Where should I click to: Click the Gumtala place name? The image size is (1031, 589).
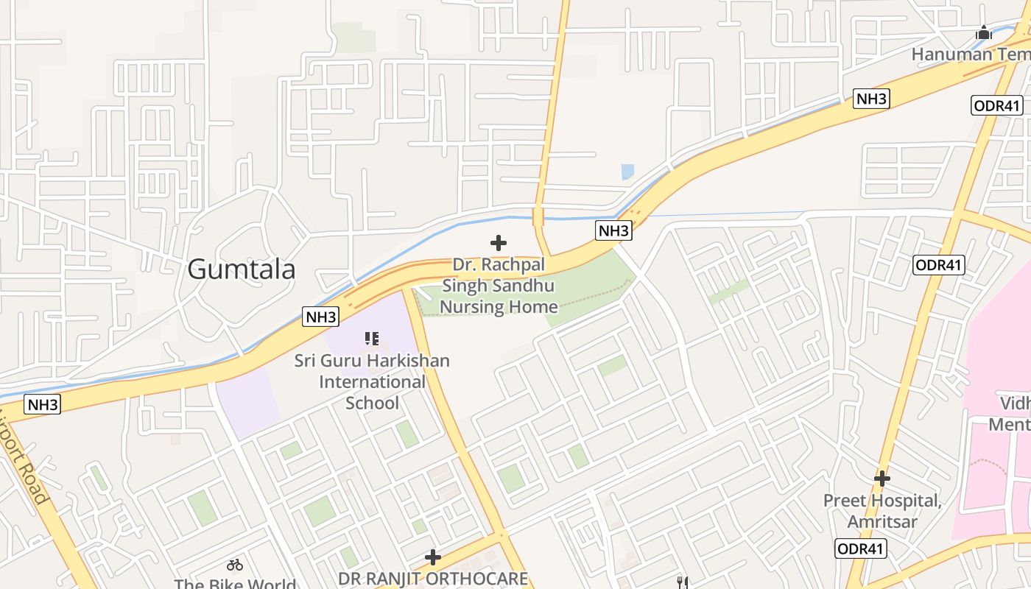point(241,269)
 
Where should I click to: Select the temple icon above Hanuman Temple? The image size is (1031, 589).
point(983,32)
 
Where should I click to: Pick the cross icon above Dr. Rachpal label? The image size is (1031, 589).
point(499,242)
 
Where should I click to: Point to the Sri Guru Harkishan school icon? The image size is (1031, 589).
point(372,339)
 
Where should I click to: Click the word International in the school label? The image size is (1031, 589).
point(372,382)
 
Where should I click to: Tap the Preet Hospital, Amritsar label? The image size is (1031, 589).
point(882,511)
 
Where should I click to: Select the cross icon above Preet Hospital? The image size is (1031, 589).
point(882,479)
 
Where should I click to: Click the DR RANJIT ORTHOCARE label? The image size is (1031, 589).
point(433,578)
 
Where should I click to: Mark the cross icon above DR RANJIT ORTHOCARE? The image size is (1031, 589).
point(433,557)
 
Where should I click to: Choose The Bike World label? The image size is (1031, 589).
point(235,584)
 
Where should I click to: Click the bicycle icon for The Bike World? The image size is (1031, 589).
point(235,565)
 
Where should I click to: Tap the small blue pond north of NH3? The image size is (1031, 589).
point(627,172)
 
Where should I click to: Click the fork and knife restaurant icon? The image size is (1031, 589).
point(683,582)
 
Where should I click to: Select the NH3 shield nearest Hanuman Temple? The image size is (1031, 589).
point(871,99)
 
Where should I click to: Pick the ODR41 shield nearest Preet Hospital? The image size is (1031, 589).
point(861,548)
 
